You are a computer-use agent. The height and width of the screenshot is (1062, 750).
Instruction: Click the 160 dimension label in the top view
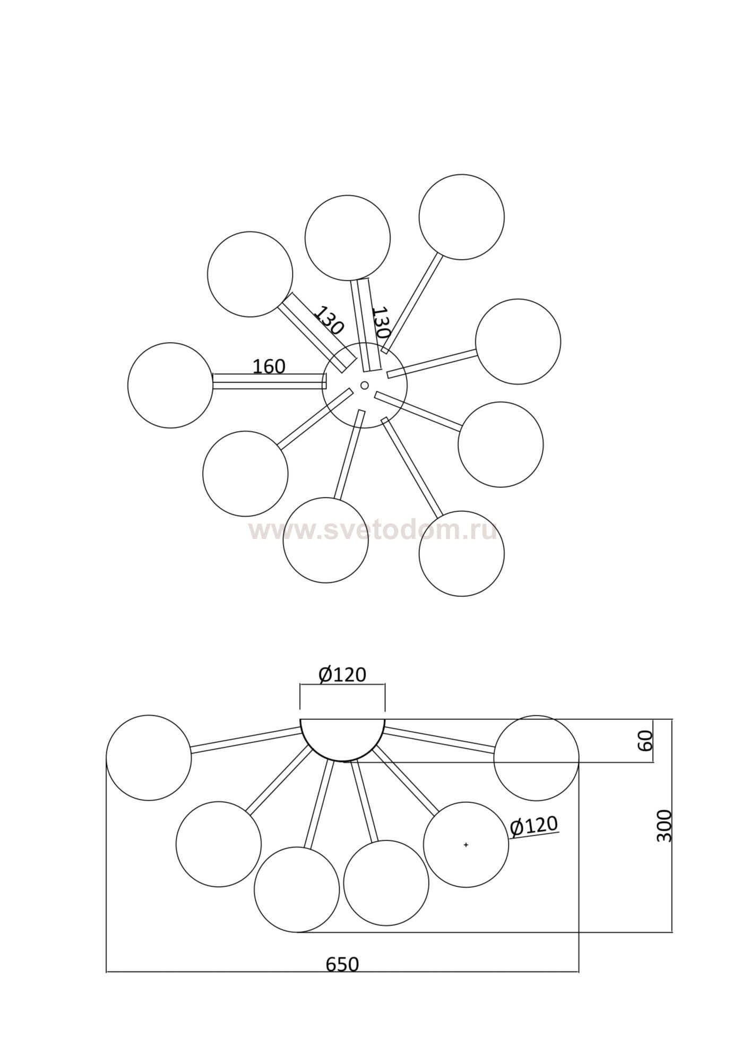coord(269,366)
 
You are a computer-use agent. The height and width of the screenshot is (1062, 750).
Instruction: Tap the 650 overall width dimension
coord(342,964)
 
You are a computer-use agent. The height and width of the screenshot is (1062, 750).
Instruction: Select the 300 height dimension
coord(664,826)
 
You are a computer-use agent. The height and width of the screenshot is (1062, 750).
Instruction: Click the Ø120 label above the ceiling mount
coord(342,674)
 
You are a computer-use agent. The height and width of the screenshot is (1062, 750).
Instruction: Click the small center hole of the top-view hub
coord(365,385)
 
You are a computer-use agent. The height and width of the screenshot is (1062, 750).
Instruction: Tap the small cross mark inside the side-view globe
coord(466,844)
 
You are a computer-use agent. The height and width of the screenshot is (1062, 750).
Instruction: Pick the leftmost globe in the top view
coord(170,385)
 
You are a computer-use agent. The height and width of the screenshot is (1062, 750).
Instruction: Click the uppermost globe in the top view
coord(461,217)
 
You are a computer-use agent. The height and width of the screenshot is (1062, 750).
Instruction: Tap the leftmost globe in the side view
coord(149,757)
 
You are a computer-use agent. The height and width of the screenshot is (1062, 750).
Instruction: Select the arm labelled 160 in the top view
coord(269,381)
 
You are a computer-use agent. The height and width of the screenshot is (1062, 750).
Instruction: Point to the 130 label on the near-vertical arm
coord(381,322)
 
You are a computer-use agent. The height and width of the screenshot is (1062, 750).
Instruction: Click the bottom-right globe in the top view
coord(461,553)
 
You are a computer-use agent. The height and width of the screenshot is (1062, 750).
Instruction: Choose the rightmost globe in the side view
coord(536,757)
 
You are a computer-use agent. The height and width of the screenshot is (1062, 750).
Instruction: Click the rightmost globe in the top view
coord(518,341)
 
